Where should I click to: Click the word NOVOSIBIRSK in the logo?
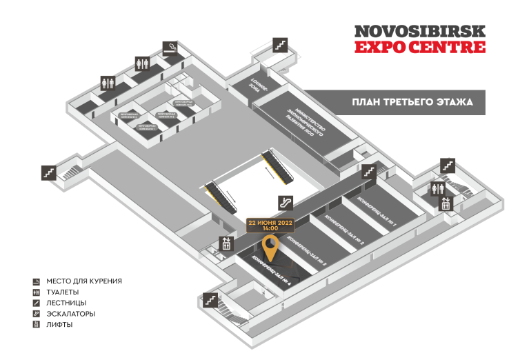[419, 32]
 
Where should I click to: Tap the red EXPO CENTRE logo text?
[419, 47]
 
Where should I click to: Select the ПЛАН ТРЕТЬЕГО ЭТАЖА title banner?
[412, 102]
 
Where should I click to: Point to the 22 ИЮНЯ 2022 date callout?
[270, 223]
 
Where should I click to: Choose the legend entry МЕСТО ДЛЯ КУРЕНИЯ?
[84, 281]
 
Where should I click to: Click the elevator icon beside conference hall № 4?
[225, 243]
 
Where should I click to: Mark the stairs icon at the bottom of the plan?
[210, 301]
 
